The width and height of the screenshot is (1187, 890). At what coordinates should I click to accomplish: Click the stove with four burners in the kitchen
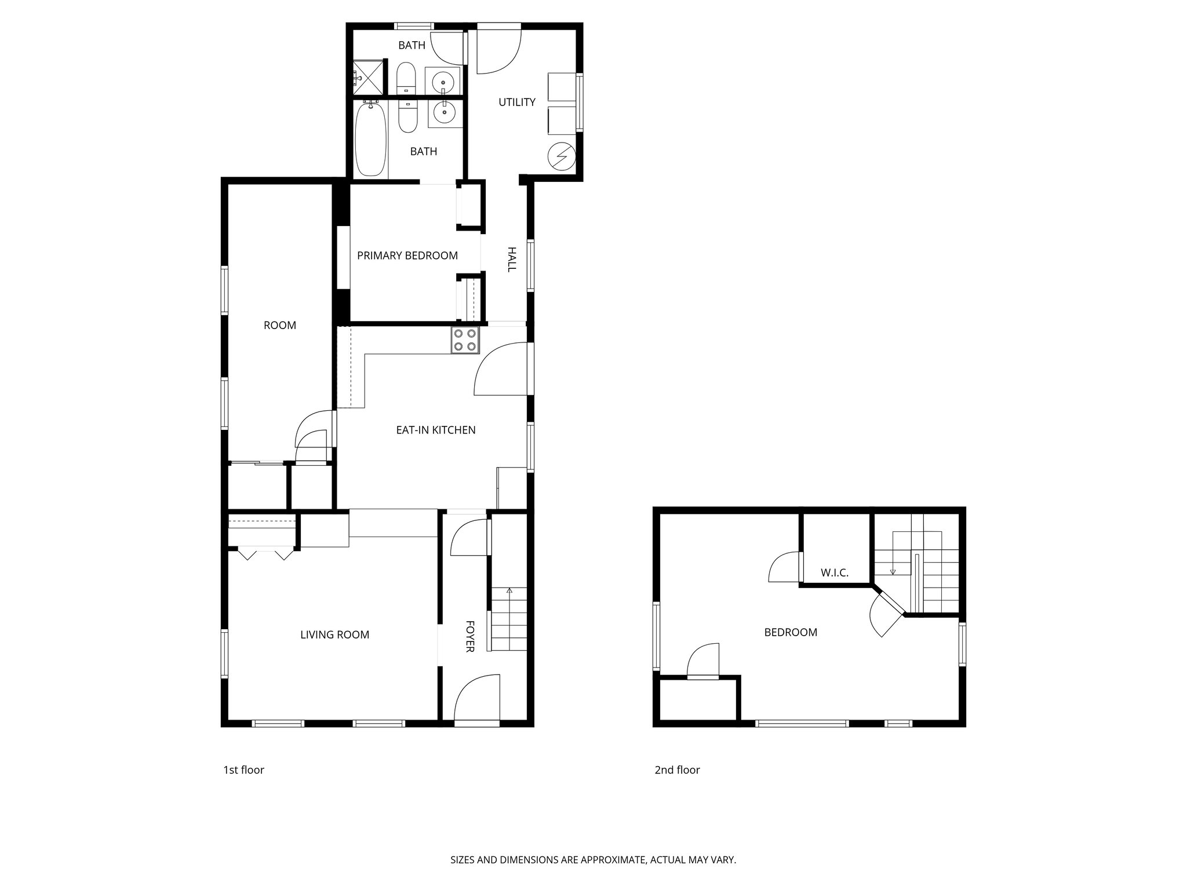(x=465, y=340)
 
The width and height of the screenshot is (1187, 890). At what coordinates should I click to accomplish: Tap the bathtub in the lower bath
(x=370, y=140)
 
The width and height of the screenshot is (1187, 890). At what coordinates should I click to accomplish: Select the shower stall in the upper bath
(x=368, y=76)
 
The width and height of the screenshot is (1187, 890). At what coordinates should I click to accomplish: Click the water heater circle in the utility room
(x=562, y=155)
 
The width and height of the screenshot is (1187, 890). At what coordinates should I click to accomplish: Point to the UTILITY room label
(x=517, y=103)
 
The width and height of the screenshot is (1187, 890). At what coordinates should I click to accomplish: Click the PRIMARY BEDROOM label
(x=407, y=256)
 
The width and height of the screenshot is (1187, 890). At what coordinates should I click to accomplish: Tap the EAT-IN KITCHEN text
(x=435, y=430)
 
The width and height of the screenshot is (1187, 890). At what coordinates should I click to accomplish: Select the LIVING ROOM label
(x=334, y=634)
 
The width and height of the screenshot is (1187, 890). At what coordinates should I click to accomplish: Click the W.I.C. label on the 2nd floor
(x=835, y=573)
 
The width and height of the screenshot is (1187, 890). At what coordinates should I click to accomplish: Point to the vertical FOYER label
(x=470, y=636)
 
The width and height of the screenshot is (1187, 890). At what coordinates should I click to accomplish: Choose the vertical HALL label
(x=512, y=259)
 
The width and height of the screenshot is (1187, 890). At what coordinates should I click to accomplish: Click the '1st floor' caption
(x=243, y=770)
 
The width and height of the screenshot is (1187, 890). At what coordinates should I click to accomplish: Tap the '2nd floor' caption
(x=677, y=770)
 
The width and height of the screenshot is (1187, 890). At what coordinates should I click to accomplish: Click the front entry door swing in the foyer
(x=477, y=698)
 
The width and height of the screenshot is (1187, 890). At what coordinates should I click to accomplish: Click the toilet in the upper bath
(x=406, y=78)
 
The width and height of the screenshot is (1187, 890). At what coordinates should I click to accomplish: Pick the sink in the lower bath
(x=445, y=112)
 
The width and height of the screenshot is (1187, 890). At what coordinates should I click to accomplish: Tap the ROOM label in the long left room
(x=280, y=326)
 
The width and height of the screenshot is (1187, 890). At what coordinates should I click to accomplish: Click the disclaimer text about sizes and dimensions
(x=593, y=860)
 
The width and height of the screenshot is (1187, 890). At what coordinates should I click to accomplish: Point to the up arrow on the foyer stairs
(x=509, y=591)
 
